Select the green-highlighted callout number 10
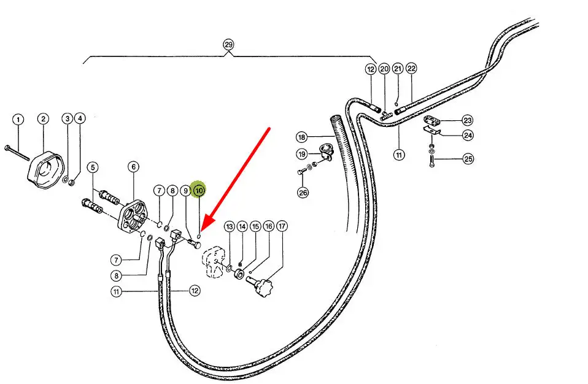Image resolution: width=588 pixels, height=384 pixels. point(199,190)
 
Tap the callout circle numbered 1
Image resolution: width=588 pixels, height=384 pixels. point(18,119)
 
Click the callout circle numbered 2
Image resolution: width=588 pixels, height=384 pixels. point(43,119)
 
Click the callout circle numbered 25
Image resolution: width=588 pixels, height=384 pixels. point(468,159)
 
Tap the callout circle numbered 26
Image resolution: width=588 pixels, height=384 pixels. point(303,193)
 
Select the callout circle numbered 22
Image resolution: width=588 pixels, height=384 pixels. point(411,69)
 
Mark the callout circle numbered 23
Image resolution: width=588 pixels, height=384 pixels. point(468,120)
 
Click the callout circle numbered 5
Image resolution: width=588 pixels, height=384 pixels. point(92,167)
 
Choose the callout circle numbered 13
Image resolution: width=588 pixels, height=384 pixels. point(229,227)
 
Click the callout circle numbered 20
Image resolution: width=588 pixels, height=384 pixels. point(384,69)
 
